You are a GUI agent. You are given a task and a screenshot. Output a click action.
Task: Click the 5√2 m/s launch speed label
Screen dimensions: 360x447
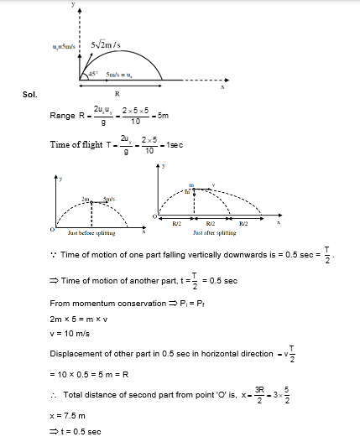[x=108, y=44]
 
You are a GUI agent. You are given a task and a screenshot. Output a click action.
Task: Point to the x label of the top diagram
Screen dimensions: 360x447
[x=222, y=86]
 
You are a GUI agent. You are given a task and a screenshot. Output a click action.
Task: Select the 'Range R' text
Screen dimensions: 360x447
[x=67, y=116]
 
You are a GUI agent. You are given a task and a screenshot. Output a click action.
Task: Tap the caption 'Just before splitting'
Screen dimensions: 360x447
[x=91, y=232]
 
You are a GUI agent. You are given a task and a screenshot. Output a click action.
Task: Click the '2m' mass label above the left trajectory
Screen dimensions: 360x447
[x=86, y=200]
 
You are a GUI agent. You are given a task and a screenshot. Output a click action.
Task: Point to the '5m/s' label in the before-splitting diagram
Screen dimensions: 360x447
[x=107, y=200]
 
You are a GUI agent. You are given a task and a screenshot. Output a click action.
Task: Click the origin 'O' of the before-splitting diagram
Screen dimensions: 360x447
[x=52, y=226]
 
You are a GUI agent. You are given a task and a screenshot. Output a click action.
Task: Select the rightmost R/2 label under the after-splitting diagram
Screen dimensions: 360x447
[x=243, y=224]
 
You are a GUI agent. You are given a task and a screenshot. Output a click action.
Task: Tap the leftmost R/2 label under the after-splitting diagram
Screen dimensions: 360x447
[x=177, y=224]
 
